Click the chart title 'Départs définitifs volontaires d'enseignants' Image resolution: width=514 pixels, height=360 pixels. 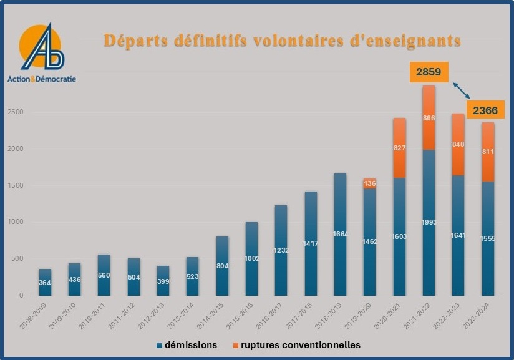coord(282,41)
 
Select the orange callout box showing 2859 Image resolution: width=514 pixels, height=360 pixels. coord(429,72)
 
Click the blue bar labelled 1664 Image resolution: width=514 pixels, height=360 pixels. coord(341,234)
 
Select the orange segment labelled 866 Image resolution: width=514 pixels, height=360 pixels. coord(429,118)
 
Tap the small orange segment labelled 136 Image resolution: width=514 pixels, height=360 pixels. coord(370,183)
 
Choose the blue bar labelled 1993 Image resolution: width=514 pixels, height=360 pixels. coord(429,222)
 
